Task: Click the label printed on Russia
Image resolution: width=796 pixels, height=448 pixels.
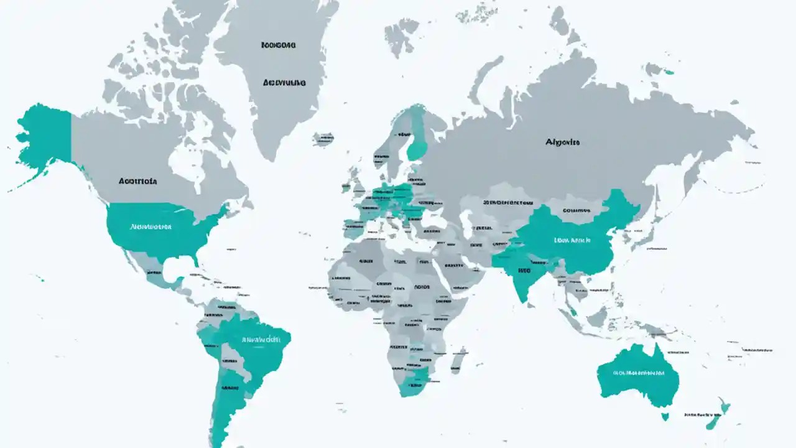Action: coord(562,142)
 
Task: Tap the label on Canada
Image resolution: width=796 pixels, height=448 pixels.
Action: coord(137,182)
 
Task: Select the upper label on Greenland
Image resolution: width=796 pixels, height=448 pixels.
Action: coord(278,45)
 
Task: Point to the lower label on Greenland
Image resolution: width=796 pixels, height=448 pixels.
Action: coord(284,82)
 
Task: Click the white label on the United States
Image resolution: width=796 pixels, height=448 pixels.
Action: coord(150,227)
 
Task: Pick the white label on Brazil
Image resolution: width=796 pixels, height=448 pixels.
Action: coord(261,340)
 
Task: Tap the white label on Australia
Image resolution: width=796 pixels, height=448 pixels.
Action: coord(638,373)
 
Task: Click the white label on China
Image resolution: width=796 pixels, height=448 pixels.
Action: coord(572,240)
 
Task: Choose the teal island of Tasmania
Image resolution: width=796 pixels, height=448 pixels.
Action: coord(665,415)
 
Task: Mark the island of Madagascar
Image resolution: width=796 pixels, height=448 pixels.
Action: coord(458,360)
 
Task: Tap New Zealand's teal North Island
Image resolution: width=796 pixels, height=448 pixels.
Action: coord(724,408)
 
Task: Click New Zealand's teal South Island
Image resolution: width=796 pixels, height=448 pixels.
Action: coord(711,424)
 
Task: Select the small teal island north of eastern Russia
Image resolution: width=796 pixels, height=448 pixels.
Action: coord(669,72)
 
